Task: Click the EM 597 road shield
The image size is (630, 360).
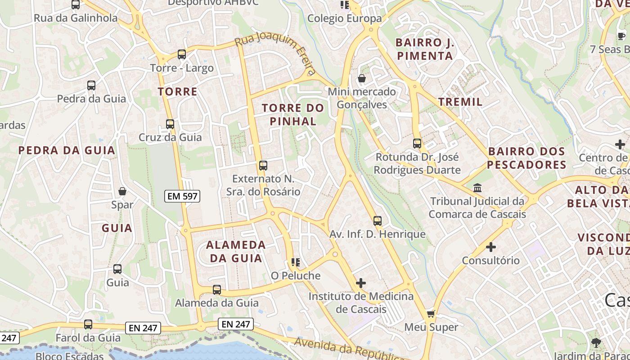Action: click(x=181, y=196)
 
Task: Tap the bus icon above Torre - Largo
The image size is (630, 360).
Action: click(x=182, y=54)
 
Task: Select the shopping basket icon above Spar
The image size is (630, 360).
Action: click(x=122, y=191)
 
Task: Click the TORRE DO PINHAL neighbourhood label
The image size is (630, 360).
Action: click(x=293, y=114)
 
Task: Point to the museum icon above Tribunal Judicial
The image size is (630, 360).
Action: click(x=477, y=188)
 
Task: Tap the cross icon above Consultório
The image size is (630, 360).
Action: click(x=491, y=247)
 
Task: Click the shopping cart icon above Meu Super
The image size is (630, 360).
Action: click(x=431, y=314)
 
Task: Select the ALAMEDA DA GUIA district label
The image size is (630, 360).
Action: click(x=236, y=252)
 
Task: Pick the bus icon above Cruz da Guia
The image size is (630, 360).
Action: click(x=170, y=124)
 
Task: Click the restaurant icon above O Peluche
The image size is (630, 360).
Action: click(x=296, y=262)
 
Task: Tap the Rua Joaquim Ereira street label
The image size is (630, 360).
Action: click(x=275, y=53)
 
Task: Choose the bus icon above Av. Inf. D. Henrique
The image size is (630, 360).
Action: click(x=378, y=221)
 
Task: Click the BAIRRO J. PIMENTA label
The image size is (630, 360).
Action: click(x=424, y=49)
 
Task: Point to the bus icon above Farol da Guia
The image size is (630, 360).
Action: click(x=88, y=324)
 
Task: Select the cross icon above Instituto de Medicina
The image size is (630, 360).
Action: click(x=360, y=283)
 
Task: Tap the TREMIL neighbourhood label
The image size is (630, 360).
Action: click(x=460, y=102)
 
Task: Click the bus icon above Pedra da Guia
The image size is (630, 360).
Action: click(x=91, y=85)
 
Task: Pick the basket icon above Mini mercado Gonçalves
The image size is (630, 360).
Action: click(x=361, y=79)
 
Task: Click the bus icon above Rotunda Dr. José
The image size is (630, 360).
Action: click(x=417, y=144)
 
